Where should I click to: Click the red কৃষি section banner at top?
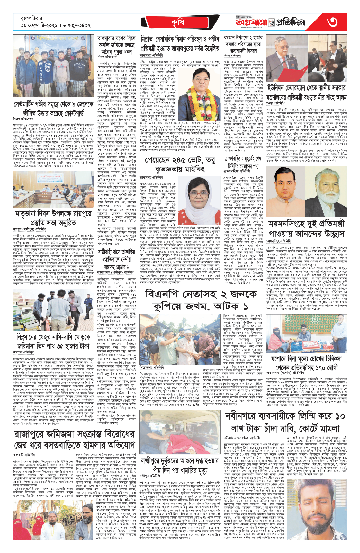point(178,23)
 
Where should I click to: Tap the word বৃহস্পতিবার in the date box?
point(32,19)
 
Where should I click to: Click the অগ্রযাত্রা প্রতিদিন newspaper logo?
point(270,22)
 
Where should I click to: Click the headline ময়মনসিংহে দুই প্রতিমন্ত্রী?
point(306,224)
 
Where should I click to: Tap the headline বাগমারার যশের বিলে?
point(116,39)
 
